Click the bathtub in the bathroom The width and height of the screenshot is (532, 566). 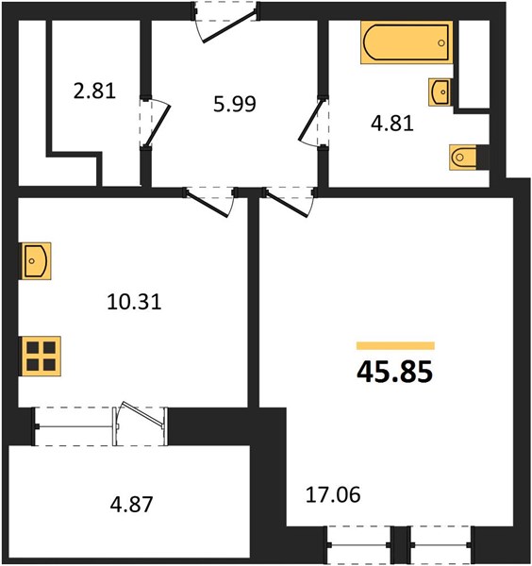pyautogui.click(x=407, y=42)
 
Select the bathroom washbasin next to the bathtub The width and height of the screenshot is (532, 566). pyautogui.click(x=440, y=92)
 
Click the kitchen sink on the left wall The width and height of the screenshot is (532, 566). pyautogui.click(x=36, y=260)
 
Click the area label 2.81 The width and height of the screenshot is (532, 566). pyautogui.click(x=94, y=91)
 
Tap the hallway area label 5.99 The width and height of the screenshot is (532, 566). pyautogui.click(x=235, y=104)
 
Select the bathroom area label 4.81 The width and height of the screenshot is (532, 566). pyautogui.click(x=392, y=123)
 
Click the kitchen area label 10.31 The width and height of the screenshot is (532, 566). pyautogui.click(x=134, y=302)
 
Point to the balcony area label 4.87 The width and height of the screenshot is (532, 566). pyautogui.click(x=131, y=505)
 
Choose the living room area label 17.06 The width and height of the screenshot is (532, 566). pyautogui.click(x=333, y=494)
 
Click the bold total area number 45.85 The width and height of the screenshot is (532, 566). pyautogui.click(x=394, y=373)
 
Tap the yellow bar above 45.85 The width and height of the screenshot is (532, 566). pyautogui.click(x=395, y=345)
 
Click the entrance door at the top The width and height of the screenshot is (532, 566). pyautogui.click(x=225, y=22)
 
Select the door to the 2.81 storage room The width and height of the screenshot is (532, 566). pyautogui.click(x=155, y=122)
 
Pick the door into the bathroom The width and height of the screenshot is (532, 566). pyautogui.click(x=313, y=122)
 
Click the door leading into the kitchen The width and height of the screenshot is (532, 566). pyautogui.click(x=210, y=202)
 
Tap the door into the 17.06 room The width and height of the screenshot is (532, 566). pyautogui.click(x=290, y=202)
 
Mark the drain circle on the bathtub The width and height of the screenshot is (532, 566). pyautogui.click(x=441, y=43)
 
